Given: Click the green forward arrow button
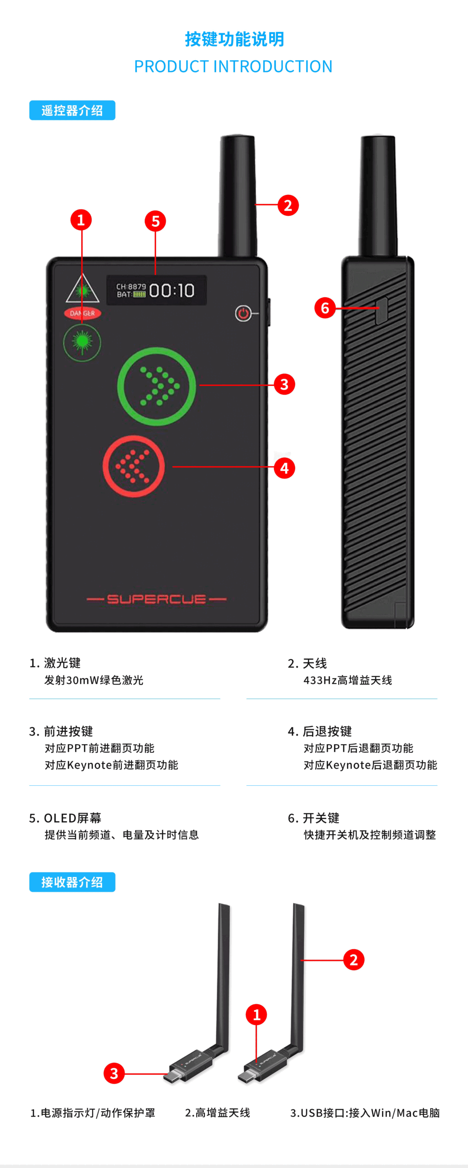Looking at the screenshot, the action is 156,386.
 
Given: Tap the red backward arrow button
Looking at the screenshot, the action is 134,466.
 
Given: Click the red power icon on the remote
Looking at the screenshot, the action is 243,313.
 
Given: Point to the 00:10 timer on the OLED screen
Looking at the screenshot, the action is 172,291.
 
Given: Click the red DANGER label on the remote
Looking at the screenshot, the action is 83,313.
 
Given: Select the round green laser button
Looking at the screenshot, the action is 82,342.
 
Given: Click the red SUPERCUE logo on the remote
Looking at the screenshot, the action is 156,599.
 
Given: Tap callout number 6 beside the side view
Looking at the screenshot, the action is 325,308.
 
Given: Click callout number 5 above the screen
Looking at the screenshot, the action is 156,221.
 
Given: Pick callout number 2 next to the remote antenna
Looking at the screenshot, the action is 288,205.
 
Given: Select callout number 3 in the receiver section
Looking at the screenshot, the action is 114,1074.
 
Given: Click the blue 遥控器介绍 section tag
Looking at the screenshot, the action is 72,110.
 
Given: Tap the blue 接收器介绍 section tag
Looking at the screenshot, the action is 72,882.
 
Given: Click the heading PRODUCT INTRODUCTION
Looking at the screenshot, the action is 234,67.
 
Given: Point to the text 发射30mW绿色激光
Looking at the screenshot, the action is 94,680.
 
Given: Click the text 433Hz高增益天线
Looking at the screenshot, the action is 348,680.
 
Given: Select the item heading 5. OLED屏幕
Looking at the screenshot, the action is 65,818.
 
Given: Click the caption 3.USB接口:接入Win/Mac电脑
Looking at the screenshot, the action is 365,1113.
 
